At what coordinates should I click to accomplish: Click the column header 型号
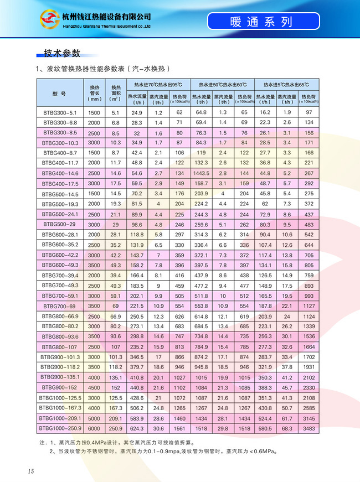coord(59,94)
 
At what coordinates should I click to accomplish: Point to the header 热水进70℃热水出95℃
coord(157,85)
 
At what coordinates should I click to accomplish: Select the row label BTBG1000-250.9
coord(59,428)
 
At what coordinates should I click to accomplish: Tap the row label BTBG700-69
coord(59,305)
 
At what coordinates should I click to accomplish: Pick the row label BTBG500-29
coord(59,225)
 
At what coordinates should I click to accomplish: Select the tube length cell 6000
coord(94,428)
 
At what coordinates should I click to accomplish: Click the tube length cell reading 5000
coord(94,418)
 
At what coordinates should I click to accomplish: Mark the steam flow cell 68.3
coord(287,428)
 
